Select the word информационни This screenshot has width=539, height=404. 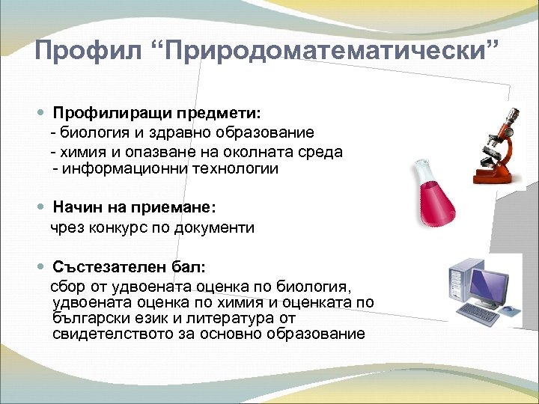point(120,169)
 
